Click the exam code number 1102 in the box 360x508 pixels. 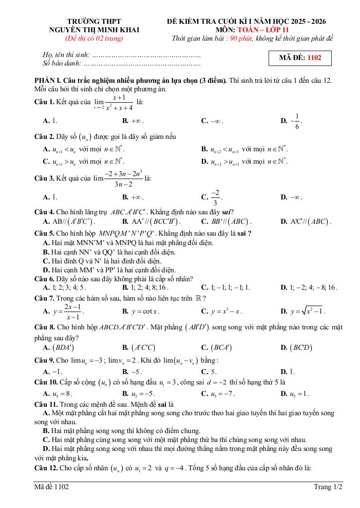pyautogui.click(x=314, y=58)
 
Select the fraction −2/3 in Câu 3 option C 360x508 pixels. pyautogui.click(x=215, y=197)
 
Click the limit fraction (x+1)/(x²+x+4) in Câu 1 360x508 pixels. pyautogui.click(x=115, y=103)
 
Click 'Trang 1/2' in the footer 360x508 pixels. pyautogui.click(x=328, y=487)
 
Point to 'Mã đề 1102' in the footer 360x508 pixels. pyautogui.click(x=52, y=487)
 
